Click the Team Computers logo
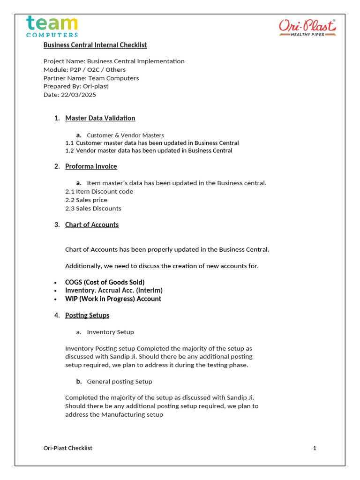coord(52,26)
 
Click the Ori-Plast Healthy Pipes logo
coord(307,28)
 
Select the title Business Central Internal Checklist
coord(95,45)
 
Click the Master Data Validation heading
coord(100,118)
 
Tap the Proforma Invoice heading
coord(91,166)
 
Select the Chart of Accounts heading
coord(92,225)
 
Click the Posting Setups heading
coord(87,315)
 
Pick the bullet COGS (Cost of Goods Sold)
coord(105,282)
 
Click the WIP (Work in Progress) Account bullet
coord(113,299)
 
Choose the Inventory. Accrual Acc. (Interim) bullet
coord(113,291)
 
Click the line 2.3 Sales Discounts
coord(93,209)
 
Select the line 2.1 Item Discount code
coord(99,192)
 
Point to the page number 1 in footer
coord(315,448)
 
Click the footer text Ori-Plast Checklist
coord(68,448)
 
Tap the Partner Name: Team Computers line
coord(91,78)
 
